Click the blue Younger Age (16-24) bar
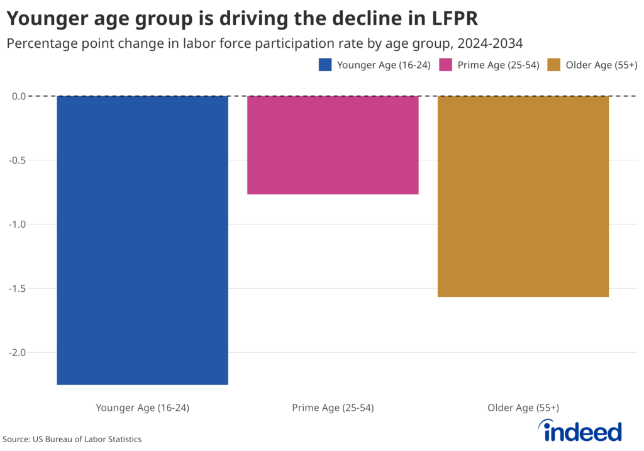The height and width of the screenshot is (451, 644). click(x=142, y=240)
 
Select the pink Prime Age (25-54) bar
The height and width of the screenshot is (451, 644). click(x=333, y=145)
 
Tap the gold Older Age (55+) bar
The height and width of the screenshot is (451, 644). click(x=523, y=196)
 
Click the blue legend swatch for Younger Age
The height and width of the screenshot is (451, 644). click(x=325, y=65)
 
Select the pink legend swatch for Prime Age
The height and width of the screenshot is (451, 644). click(x=446, y=65)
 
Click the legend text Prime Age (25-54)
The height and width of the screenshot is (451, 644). click(x=498, y=65)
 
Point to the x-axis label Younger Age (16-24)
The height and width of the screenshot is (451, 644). click(x=142, y=408)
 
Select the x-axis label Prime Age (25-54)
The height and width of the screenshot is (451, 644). click(x=333, y=408)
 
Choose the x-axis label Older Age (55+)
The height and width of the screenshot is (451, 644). click(x=523, y=408)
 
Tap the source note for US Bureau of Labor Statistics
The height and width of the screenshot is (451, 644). click(x=72, y=439)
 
